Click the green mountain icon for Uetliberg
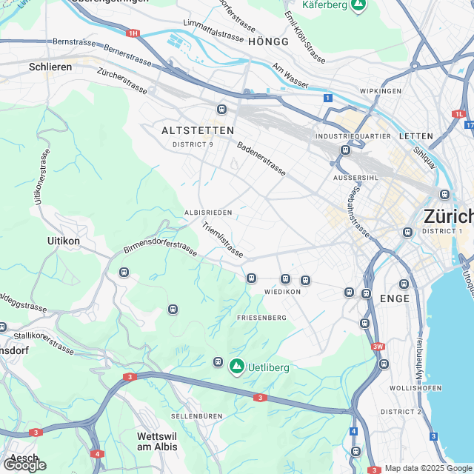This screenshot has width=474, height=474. point(237,367)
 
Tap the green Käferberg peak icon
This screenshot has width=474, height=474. point(358,5)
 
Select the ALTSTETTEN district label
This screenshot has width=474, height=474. point(197,130)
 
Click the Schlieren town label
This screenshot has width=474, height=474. point(50,67)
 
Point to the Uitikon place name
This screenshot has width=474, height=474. point(63,241)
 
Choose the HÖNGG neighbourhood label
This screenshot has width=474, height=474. point(269,41)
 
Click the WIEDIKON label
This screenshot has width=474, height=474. point(282,292)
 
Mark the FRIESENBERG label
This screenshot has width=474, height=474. point(261,317)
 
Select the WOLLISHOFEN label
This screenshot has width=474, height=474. point(415,388)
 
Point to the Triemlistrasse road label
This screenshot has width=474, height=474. point(222,240)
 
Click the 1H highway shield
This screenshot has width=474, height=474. point(133,33)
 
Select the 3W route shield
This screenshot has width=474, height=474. point(378,346)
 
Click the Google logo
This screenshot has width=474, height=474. point(24,465)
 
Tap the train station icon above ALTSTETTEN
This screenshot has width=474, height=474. point(221,110)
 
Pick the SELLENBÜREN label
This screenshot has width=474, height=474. point(196,416)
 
